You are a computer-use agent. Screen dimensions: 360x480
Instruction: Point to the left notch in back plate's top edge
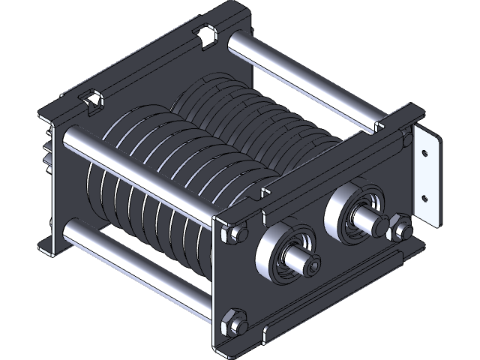click(91, 100)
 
